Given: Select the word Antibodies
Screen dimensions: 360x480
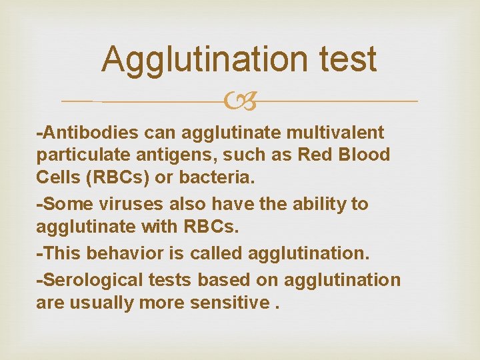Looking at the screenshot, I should click(x=88, y=133).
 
